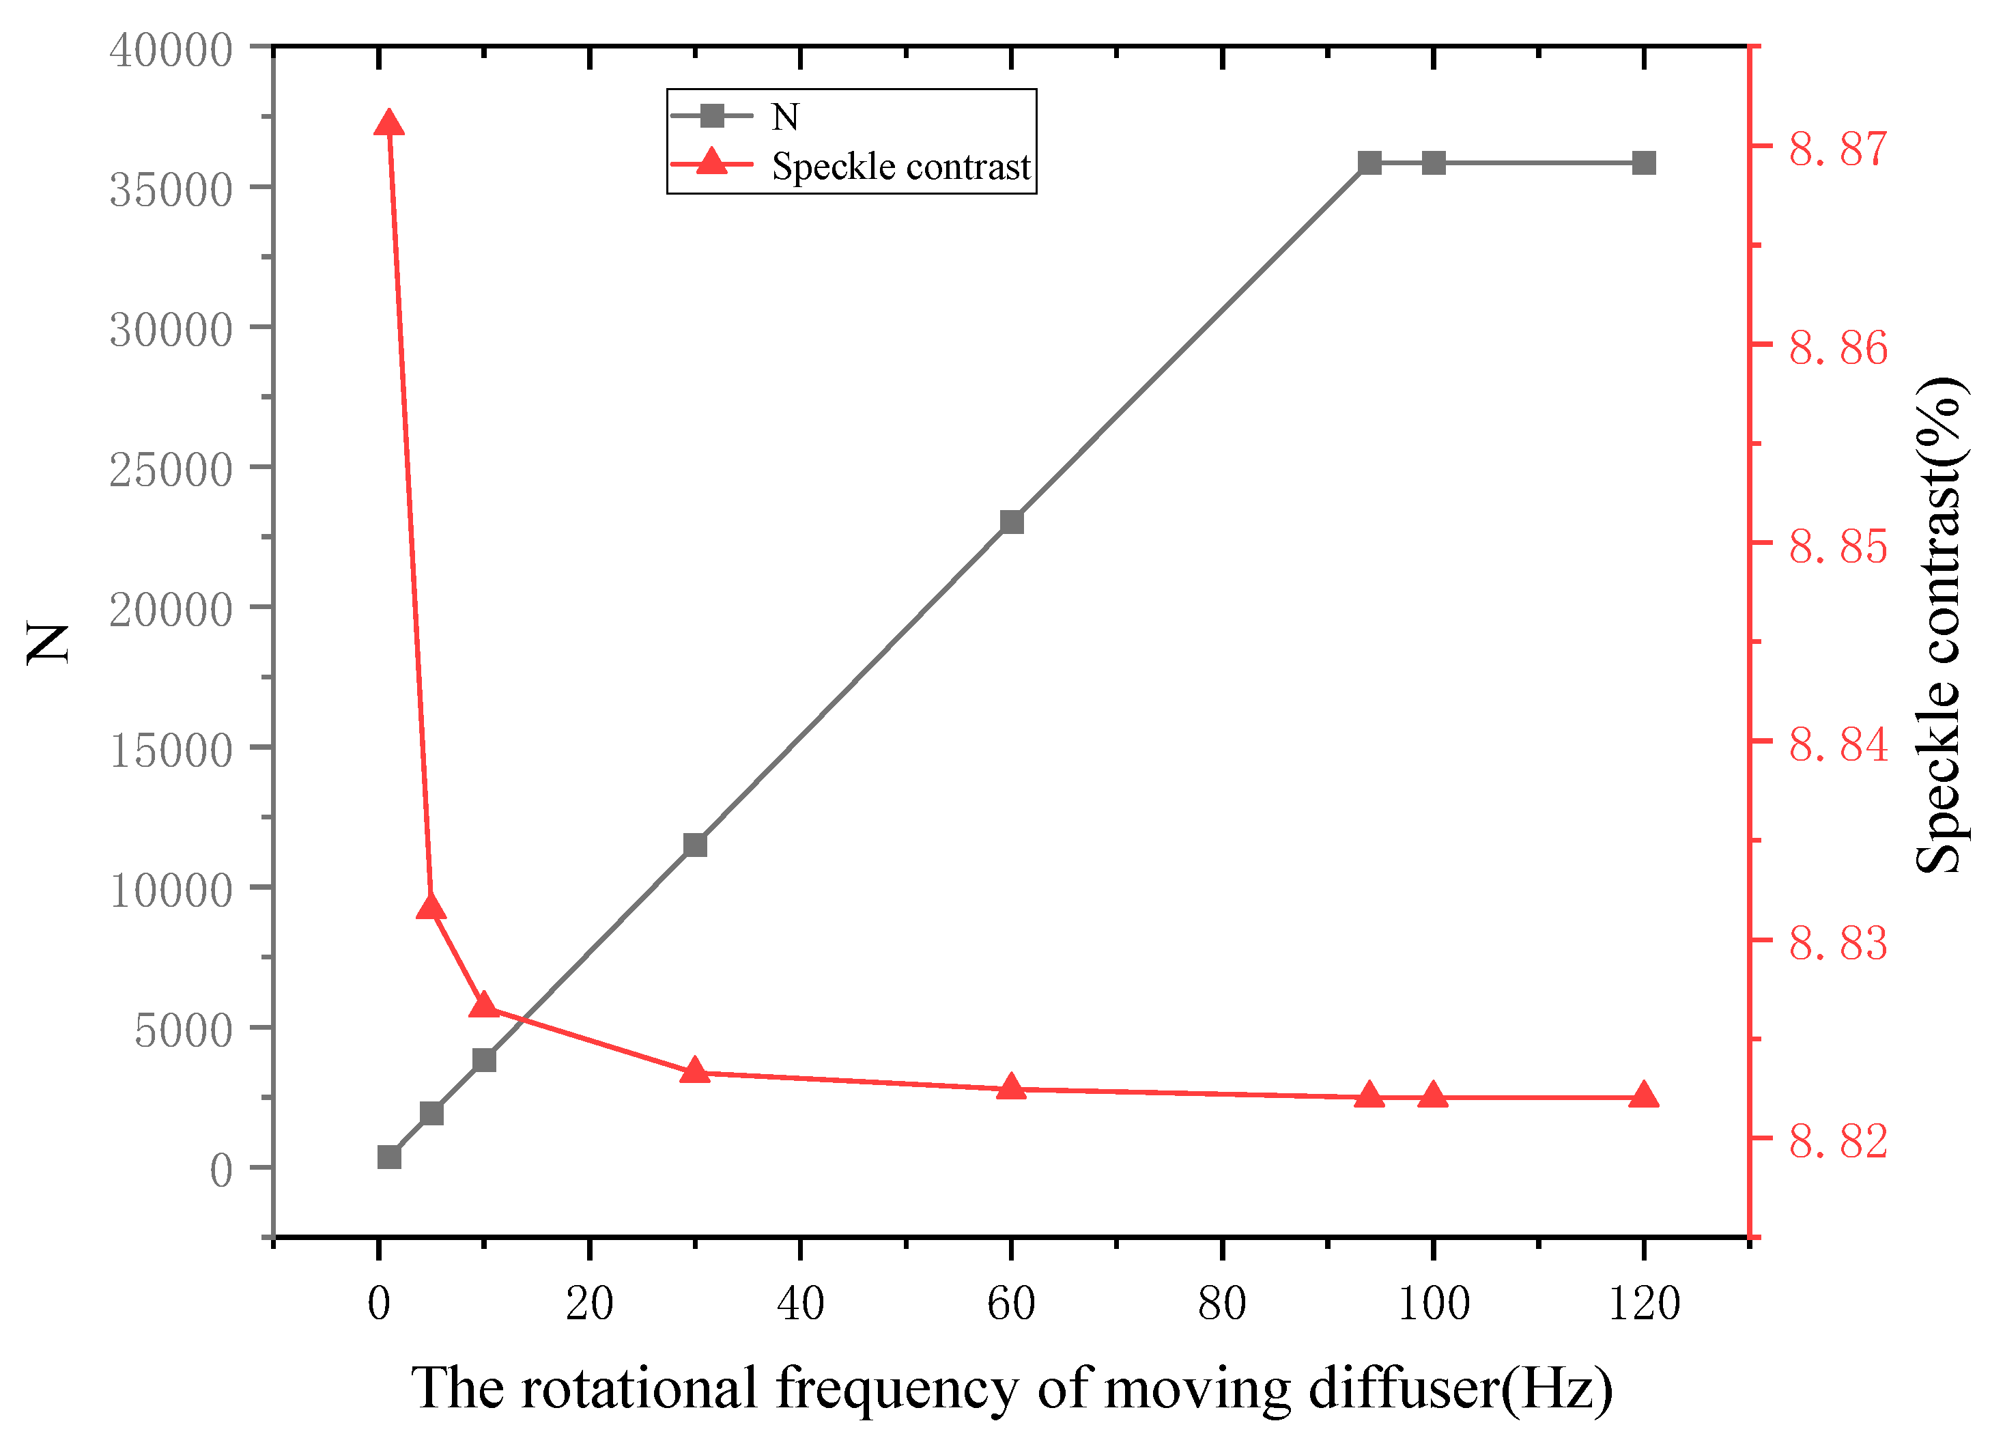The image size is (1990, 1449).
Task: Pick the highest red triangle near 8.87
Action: [388, 124]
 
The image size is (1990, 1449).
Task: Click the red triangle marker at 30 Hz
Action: [695, 1071]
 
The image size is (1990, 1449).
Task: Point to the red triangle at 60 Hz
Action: [1012, 1087]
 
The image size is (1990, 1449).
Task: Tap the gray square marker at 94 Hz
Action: [1369, 163]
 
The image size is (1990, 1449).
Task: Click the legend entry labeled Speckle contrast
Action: [900, 167]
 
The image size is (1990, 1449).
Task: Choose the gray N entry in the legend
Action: [784, 117]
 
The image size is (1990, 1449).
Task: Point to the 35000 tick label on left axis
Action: [171, 191]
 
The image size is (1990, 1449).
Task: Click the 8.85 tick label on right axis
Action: [1838, 548]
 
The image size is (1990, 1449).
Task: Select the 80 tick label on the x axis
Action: [1222, 1304]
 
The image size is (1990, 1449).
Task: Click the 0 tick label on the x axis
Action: [379, 1304]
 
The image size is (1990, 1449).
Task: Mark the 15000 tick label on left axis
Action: [171, 751]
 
